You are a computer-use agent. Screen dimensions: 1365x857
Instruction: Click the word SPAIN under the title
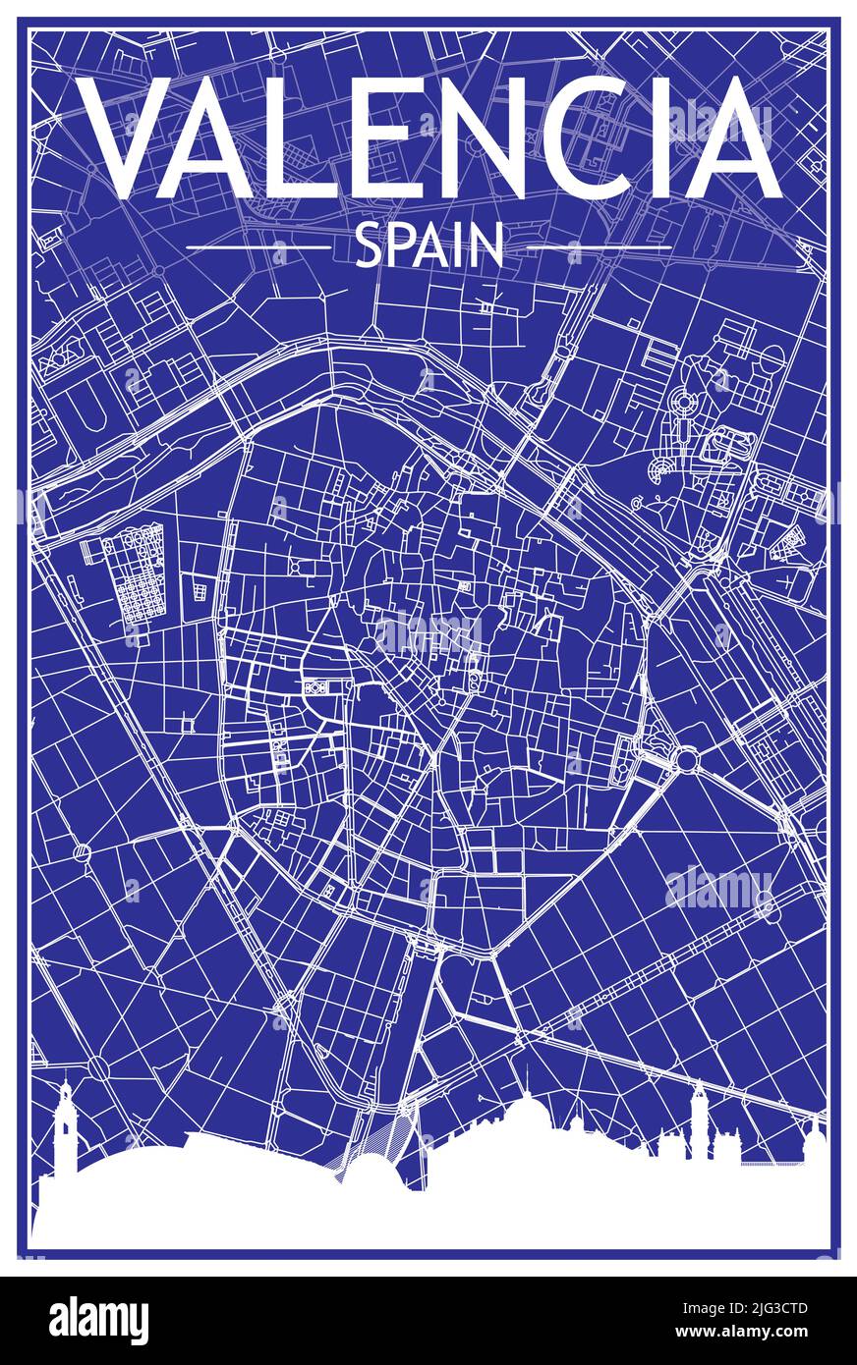(428, 246)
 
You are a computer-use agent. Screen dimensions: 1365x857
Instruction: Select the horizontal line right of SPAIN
(599, 247)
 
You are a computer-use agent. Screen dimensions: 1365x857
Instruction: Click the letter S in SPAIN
(368, 246)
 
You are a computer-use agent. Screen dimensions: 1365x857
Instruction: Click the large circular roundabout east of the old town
(686, 758)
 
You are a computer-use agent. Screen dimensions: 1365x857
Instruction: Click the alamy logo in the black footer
(98, 1321)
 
